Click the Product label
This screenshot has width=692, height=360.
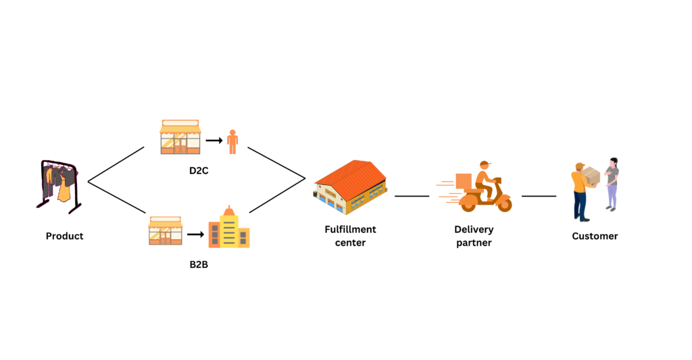tap(64, 236)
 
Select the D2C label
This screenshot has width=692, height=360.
tap(199, 172)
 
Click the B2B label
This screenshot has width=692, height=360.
tap(199, 264)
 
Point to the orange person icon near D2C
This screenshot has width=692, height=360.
tap(232, 141)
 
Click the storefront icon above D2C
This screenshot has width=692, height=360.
tap(180, 137)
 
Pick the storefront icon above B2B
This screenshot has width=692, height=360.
tap(165, 231)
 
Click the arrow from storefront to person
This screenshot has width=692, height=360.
tap(214, 141)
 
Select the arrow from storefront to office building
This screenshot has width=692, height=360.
tap(195, 234)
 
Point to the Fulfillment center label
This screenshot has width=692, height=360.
tap(350, 236)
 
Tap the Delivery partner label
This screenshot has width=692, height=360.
tap(474, 236)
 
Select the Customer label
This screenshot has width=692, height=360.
tap(595, 236)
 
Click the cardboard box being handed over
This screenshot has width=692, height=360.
tap(591, 176)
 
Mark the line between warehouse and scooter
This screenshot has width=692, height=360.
tap(412, 196)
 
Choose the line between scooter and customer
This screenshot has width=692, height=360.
tap(539, 196)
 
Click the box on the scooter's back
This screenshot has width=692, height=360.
tap(464, 181)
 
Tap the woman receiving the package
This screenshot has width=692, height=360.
tap(612, 184)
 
